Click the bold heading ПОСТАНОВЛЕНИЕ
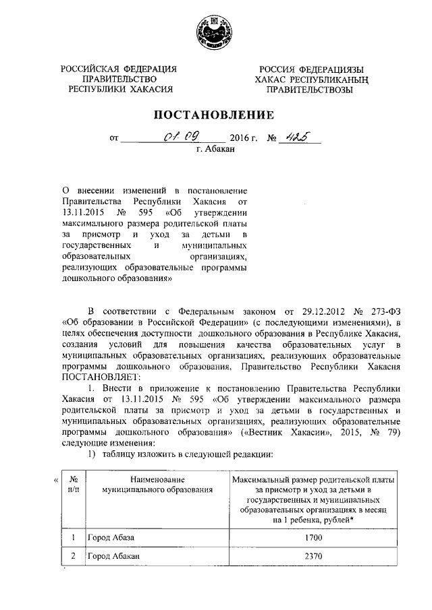(216, 114)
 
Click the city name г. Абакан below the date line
(216, 150)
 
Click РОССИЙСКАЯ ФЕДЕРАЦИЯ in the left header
(118, 69)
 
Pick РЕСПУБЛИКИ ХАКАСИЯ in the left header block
(118, 89)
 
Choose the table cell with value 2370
(313, 558)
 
